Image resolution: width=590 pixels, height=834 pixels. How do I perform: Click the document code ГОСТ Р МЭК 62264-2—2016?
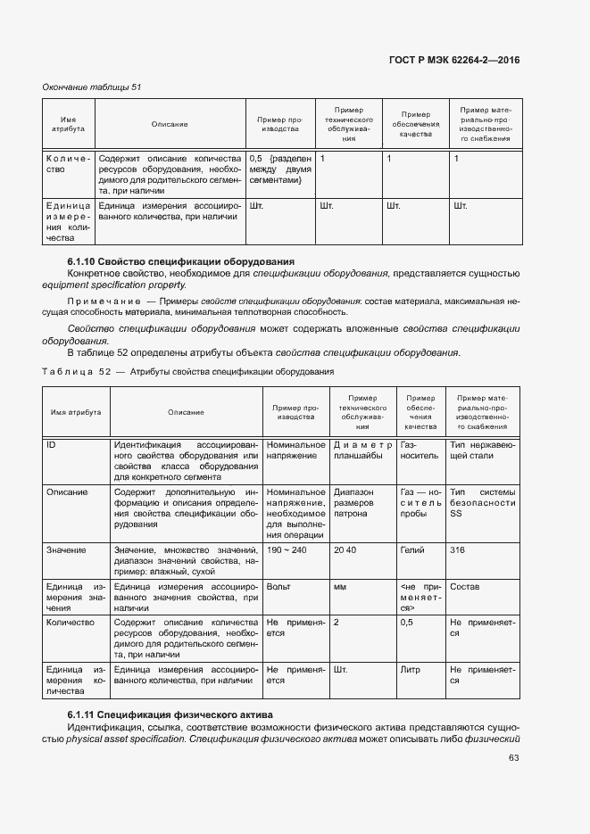pos(454,60)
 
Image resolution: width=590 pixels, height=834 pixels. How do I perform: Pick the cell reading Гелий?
pos(412,550)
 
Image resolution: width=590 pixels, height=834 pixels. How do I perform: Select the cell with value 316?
pos(458,550)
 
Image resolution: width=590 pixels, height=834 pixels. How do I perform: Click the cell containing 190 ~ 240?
pos(286,550)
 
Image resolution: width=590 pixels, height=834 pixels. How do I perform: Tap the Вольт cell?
pos(279,586)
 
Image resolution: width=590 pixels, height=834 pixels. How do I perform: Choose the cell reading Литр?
pos(411,668)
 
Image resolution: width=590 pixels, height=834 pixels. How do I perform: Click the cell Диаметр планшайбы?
pos(362,450)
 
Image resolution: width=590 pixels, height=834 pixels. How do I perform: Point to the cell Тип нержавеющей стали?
pos(483,450)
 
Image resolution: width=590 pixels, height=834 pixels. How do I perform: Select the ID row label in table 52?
pos(52,444)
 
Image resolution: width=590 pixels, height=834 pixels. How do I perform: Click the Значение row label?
pos(67,550)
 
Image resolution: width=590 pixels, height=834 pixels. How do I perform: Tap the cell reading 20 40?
pos(345,550)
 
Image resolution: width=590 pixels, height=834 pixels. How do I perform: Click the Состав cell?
pos(465,586)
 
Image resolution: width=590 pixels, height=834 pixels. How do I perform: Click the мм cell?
pos(340,586)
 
